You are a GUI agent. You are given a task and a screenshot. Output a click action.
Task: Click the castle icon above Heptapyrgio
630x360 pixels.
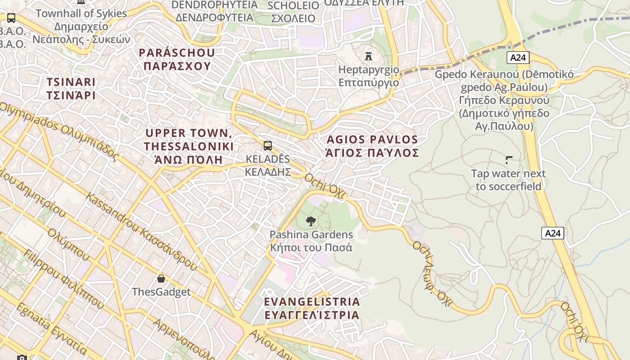pyautogui.click(x=369, y=56)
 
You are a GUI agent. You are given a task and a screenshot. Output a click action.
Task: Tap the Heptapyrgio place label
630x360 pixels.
pyautogui.click(x=369, y=76)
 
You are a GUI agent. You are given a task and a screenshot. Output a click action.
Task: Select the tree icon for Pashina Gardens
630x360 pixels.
pyautogui.click(x=310, y=221)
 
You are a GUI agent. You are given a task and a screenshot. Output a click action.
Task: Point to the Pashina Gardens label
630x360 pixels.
pyautogui.click(x=311, y=241)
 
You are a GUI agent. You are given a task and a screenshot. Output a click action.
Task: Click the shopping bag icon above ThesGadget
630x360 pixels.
pyautogui.click(x=161, y=279)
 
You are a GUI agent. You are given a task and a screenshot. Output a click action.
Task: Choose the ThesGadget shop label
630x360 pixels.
pyautogui.click(x=161, y=292)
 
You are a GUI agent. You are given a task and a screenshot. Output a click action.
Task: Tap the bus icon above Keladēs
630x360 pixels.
pyautogui.click(x=268, y=146)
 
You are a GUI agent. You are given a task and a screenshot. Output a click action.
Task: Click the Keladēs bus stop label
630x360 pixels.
pyautogui.click(x=268, y=165)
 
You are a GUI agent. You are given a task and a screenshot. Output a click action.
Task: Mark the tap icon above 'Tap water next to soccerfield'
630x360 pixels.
pyautogui.click(x=509, y=160)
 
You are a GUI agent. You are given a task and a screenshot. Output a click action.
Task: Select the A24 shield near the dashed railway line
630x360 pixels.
pyautogui.click(x=518, y=58)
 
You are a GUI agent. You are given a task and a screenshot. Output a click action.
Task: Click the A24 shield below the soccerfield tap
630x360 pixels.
pyautogui.click(x=553, y=233)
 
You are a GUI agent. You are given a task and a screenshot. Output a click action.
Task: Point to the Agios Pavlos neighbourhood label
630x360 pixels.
pyautogui.click(x=373, y=146)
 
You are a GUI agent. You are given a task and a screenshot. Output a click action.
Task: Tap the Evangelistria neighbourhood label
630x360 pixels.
pyautogui.click(x=312, y=308)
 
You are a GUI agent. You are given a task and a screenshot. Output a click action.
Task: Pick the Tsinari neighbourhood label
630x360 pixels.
pyautogui.click(x=71, y=89)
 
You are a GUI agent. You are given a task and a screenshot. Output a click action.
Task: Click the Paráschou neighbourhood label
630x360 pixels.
pyautogui.click(x=176, y=59)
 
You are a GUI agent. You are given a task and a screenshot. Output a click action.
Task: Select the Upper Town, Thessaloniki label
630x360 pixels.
pyautogui.click(x=189, y=146)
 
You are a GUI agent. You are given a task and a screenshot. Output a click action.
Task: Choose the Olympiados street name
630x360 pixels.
pyautogui.click(x=58, y=131)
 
